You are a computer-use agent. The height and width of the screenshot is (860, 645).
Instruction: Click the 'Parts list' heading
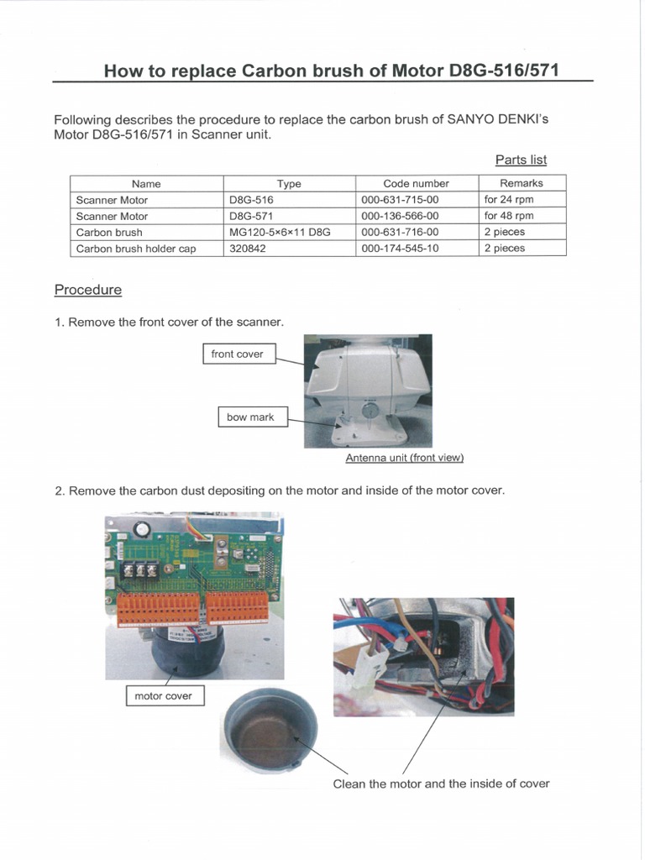521,160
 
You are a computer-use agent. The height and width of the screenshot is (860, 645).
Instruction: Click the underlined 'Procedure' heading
87,290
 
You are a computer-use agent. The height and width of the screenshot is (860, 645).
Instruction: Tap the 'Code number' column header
416,183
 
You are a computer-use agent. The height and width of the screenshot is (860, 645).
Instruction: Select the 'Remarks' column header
522,183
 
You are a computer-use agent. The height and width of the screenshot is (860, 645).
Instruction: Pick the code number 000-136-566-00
400,216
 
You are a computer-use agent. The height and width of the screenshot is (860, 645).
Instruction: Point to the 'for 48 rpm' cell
509,216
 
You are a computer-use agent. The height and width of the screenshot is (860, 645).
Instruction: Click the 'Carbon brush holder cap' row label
136,249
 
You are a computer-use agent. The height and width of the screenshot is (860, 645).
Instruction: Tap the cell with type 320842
248,249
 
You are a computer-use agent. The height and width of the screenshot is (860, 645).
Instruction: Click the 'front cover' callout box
238,354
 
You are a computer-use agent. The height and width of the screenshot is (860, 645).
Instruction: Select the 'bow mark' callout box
250,417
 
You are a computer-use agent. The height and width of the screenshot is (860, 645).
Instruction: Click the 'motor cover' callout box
163,695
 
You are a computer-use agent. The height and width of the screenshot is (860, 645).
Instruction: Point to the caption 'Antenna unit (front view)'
405,458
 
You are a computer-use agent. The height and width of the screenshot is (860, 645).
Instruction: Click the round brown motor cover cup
269,729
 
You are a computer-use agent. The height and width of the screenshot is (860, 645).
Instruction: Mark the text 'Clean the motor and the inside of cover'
441,784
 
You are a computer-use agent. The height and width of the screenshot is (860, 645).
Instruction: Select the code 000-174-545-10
400,249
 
